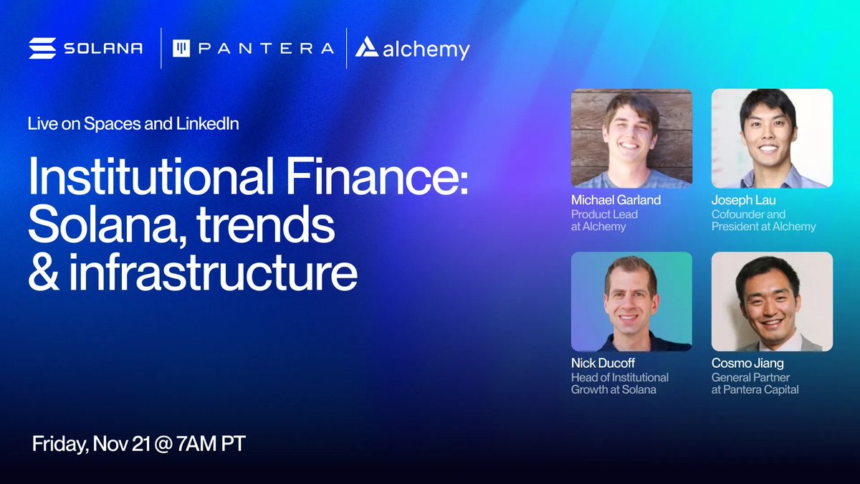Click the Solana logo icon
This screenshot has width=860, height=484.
pyautogui.click(x=42, y=48)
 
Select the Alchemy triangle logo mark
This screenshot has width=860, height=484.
pyautogui.click(x=367, y=47)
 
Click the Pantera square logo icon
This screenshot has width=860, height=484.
pyautogui.click(x=181, y=48)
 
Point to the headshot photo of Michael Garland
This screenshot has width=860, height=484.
pyautogui.click(x=631, y=138)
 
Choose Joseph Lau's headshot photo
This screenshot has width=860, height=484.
pyautogui.click(x=772, y=138)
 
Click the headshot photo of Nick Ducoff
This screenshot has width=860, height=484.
pyautogui.click(x=631, y=301)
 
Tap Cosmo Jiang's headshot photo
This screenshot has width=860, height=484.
pyautogui.click(x=772, y=301)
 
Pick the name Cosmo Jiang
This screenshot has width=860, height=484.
pyautogui.click(x=748, y=363)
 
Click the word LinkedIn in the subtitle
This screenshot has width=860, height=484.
pyautogui.click(x=207, y=123)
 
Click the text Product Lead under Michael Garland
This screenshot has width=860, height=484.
pyautogui.click(x=604, y=214)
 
